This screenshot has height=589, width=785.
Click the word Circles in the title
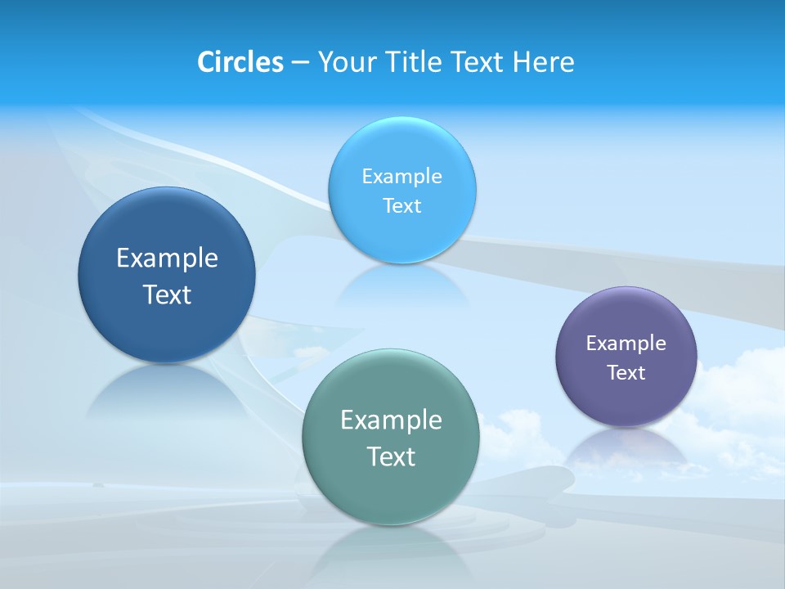240,62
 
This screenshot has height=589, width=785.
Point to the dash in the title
300,63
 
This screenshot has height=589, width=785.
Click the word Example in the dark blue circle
167,259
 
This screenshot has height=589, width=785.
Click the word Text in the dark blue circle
167,294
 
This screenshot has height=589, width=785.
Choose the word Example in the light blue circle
402,177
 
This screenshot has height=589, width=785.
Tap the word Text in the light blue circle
402,206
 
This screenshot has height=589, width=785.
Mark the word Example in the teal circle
391,420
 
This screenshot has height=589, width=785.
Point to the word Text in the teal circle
391,456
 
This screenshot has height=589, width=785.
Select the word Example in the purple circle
626,344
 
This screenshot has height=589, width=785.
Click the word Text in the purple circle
626,373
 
